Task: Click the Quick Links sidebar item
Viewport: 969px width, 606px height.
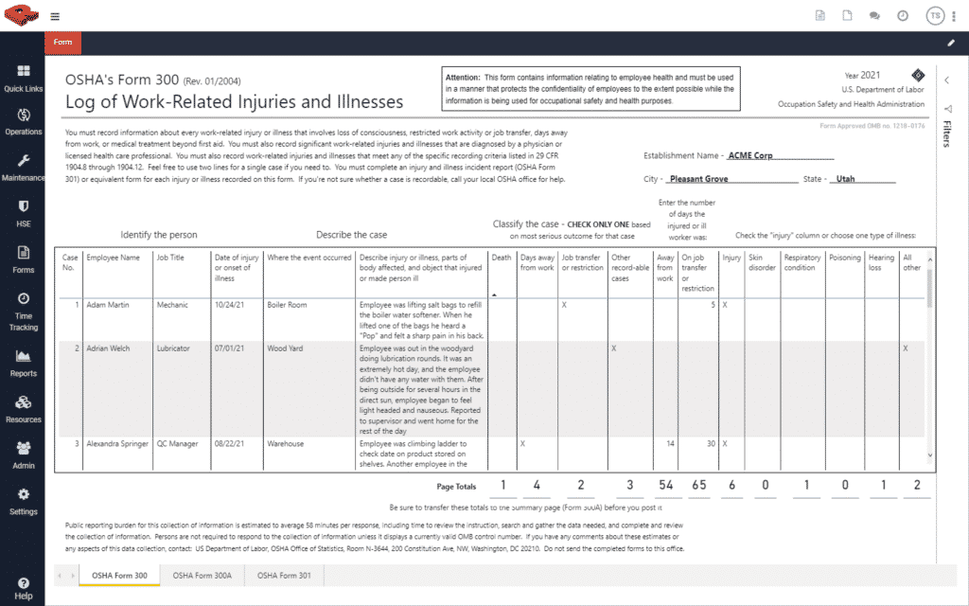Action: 23,78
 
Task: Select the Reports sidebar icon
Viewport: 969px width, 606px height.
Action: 23,363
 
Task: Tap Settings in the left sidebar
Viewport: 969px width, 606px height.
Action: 23,500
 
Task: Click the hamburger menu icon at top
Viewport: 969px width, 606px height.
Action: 55,16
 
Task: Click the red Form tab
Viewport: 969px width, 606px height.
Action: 62,43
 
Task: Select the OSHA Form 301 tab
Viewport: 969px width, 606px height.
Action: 284,576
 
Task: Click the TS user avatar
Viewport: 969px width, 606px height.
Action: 935,16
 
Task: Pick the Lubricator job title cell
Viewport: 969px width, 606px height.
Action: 173,348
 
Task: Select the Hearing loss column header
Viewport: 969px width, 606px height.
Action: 881,261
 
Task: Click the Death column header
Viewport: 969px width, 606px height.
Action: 501,256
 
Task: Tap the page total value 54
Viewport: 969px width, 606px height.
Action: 666,486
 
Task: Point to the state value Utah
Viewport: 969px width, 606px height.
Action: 845,178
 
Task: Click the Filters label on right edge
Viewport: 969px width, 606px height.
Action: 947,134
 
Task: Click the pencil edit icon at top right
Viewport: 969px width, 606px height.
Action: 950,43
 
